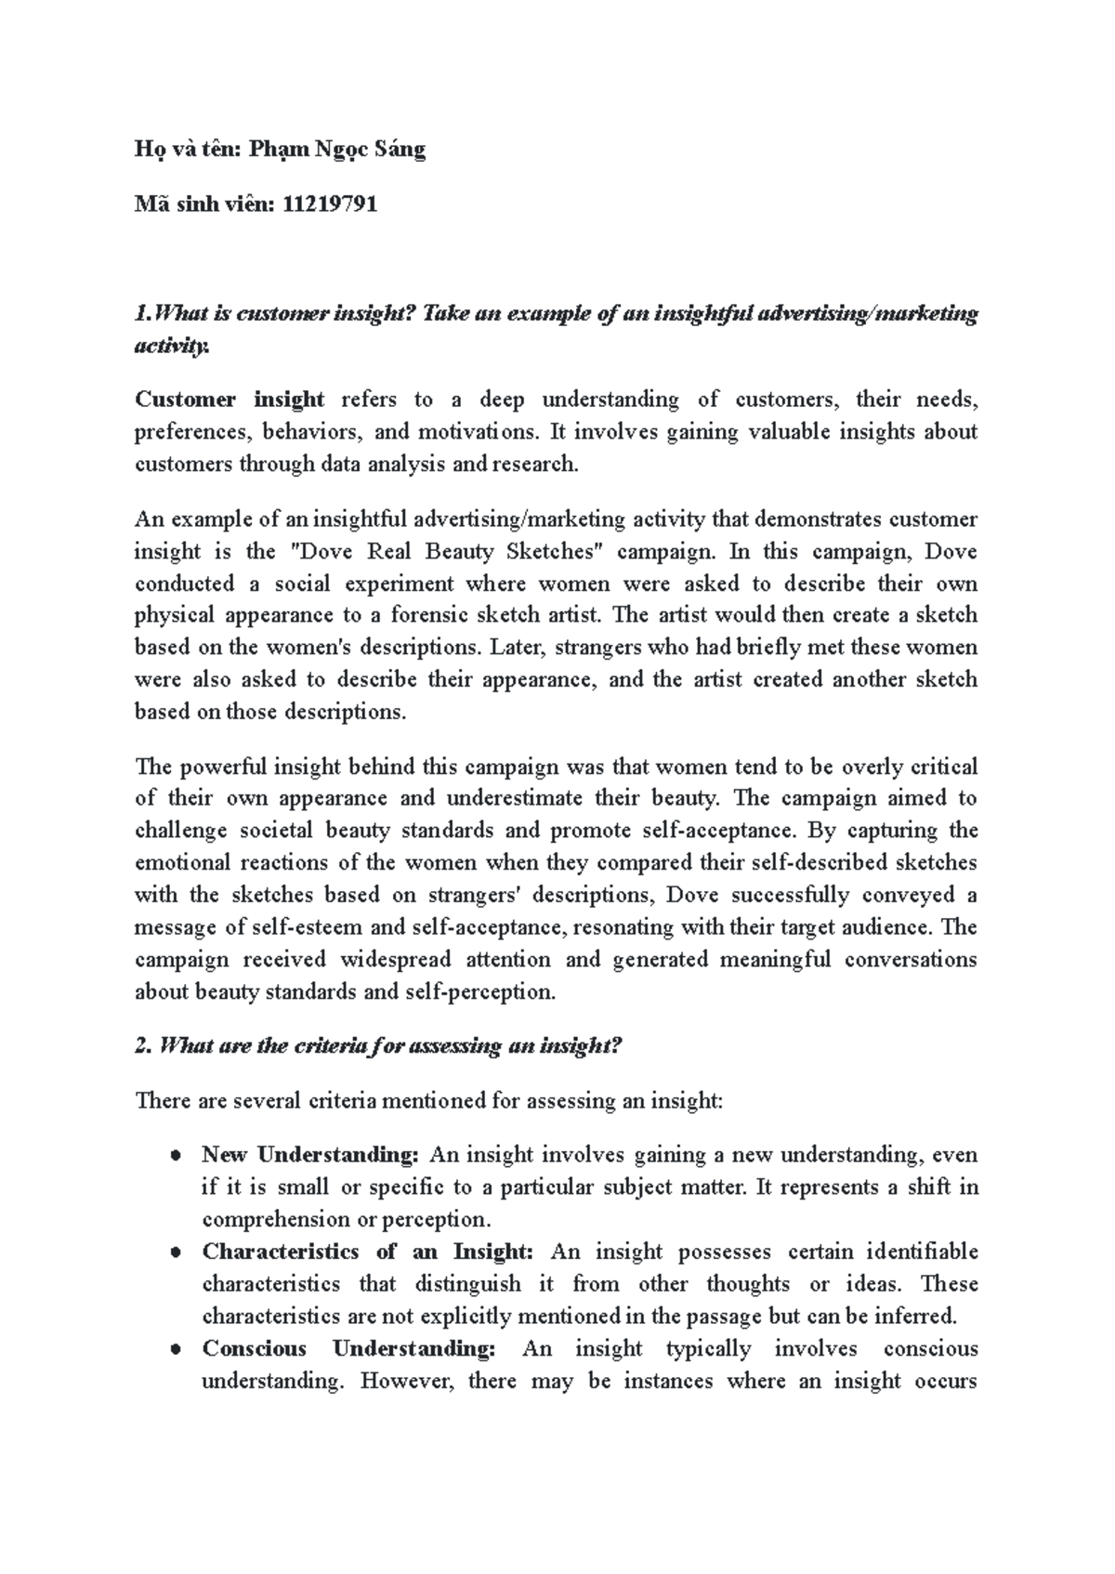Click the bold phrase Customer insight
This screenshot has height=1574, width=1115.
tap(230, 400)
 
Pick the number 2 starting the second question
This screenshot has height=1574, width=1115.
tap(142, 1046)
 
